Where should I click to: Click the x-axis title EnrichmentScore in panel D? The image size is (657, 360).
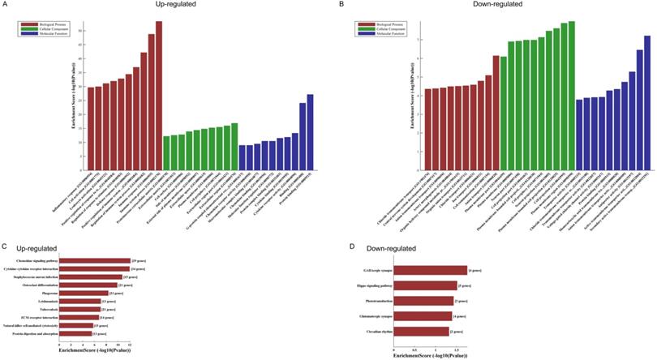[430, 355]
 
